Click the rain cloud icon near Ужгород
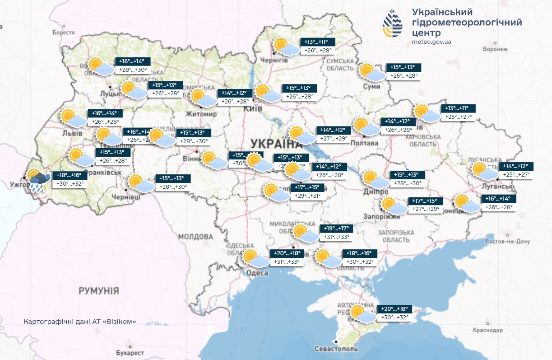click(38, 181)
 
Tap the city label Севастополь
click(336, 349)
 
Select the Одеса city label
click(257, 273)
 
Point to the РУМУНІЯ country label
click(99, 290)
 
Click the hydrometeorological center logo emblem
click(393, 23)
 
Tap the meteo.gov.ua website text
click(431, 42)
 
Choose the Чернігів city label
click(274, 60)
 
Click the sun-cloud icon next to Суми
click(372, 72)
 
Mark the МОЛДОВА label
click(195, 237)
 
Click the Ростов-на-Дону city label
click(507, 242)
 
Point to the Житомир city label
click(202, 114)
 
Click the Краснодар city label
click(488, 331)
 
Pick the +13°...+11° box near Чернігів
click(319, 42)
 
